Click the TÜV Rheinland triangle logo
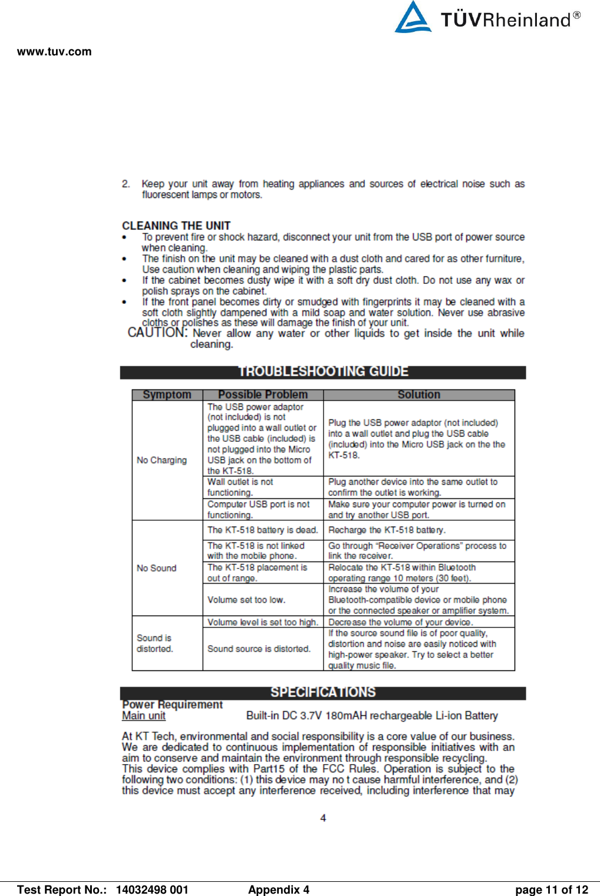tap(413, 18)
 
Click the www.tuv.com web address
tap(54, 52)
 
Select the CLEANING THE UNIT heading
tap(176, 226)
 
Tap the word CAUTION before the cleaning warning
tap(157, 333)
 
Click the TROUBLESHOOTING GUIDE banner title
tap(323, 372)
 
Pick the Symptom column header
tap(167, 395)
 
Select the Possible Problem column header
tap(263, 395)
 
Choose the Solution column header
tap(418, 395)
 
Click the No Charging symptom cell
tap(161, 460)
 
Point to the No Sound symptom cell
tap(157, 568)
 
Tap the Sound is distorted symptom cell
tap(155, 643)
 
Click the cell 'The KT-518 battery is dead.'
tap(262, 530)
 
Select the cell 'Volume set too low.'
tap(246, 600)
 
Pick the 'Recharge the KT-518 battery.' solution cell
tap(387, 530)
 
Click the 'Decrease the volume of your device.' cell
tap(400, 622)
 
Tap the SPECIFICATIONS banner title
tap(323, 693)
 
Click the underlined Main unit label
tap(144, 716)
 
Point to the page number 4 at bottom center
tap(323, 818)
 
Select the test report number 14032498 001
tap(152, 890)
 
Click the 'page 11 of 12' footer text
tap(552, 890)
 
